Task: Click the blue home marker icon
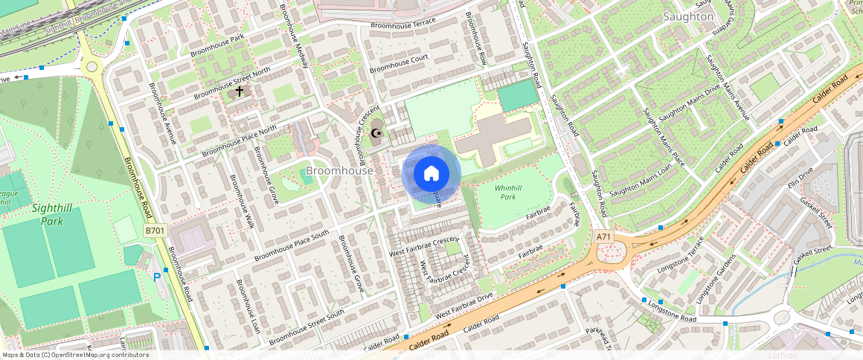click(431, 174)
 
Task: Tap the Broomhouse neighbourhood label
click(339, 171)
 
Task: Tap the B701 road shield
click(155, 231)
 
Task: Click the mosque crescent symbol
click(376, 134)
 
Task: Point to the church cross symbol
click(240, 91)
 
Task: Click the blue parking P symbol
click(157, 277)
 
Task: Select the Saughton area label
click(688, 16)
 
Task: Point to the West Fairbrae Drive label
click(464, 306)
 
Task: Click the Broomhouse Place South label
click(292, 245)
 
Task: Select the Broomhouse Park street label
click(217, 45)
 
